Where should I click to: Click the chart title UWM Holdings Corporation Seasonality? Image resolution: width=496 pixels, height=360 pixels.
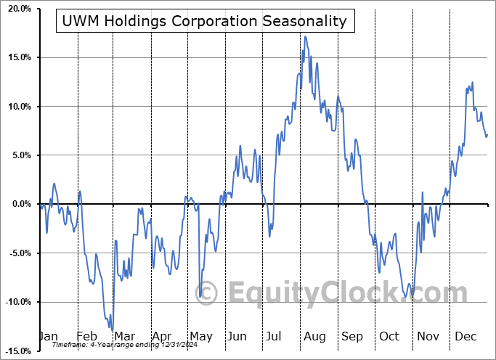click(205, 22)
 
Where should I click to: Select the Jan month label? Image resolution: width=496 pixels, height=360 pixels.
click(49, 336)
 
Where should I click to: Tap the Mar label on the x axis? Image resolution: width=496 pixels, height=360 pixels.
click(123, 336)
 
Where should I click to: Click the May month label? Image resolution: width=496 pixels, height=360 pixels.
click(200, 336)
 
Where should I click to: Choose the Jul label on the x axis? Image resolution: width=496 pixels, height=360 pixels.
click(275, 336)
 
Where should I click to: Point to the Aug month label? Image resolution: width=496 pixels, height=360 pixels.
click(314, 336)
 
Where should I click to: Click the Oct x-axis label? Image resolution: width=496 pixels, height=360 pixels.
click(389, 336)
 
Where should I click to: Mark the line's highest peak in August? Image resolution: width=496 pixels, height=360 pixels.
click(305, 36)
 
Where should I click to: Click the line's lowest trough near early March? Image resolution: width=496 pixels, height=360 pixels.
click(113, 329)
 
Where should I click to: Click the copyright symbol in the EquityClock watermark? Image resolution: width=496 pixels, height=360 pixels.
click(207, 293)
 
